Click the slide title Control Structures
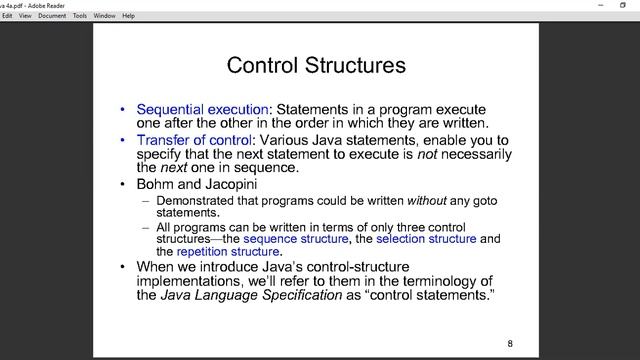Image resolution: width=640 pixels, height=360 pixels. [316, 66]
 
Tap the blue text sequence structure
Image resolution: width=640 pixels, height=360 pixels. [296, 239]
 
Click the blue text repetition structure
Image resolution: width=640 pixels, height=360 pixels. [228, 252]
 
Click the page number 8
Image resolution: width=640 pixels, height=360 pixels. [510, 344]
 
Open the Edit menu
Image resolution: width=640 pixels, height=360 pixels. [7, 16]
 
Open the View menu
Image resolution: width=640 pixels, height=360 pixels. [25, 16]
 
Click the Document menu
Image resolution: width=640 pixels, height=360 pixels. [52, 16]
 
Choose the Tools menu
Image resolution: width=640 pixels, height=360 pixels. [80, 16]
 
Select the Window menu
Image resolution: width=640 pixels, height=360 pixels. [104, 16]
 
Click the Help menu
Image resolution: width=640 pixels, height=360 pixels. [128, 16]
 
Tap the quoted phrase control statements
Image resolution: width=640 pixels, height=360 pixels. [434, 296]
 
